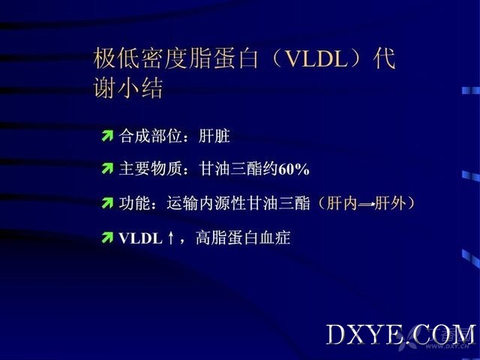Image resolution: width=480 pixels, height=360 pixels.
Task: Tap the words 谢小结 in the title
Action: coord(128,88)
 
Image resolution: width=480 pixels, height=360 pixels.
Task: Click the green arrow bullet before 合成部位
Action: coord(107,136)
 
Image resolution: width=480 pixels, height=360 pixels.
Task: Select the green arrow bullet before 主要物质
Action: coord(107,169)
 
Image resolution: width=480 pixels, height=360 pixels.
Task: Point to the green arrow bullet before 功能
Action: coord(107,203)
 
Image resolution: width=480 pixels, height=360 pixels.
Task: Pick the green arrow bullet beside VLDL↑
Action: coord(107,238)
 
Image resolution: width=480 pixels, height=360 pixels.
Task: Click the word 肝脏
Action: coord(214,136)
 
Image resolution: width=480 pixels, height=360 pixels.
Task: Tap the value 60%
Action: coord(294,169)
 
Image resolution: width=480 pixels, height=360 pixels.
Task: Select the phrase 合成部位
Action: coord(150,136)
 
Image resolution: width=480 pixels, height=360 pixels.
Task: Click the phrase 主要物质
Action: coord(150,169)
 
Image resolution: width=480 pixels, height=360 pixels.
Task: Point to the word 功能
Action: coord(134,203)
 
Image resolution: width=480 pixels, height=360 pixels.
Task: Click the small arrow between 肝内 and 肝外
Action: coord(366,204)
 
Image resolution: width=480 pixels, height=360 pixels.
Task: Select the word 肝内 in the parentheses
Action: coord(342,203)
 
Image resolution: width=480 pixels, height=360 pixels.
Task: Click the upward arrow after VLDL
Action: coord(171,238)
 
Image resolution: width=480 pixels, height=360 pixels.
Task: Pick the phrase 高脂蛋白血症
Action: coord(243,238)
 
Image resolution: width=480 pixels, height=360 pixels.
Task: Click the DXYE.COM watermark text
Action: coord(400,334)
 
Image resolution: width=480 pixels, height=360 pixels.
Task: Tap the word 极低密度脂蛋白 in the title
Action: coord(175,58)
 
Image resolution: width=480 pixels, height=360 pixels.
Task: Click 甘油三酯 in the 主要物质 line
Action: coord(230,169)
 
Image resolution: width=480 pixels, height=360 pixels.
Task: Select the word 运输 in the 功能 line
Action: coord(182,203)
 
